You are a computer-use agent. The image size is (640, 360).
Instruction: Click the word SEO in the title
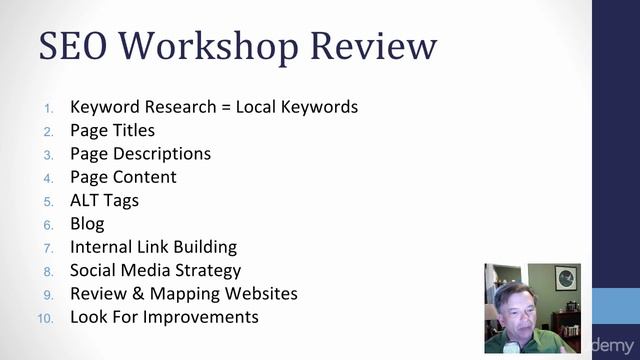[x=83, y=47]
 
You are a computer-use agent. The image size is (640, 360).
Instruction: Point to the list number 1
[x=51, y=108]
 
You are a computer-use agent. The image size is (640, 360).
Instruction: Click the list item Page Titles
[x=112, y=130]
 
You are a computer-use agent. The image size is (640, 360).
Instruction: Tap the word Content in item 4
[x=144, y=177]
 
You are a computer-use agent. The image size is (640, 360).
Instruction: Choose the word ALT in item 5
[x=85, y=200]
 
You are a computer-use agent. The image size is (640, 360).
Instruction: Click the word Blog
[x=87, y=223]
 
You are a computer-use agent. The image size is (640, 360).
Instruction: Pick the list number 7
[x=50, y=247]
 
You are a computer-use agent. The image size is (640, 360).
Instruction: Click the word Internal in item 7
[x=101, y=246]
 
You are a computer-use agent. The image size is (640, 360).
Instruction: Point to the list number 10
[x=46, y=318]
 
